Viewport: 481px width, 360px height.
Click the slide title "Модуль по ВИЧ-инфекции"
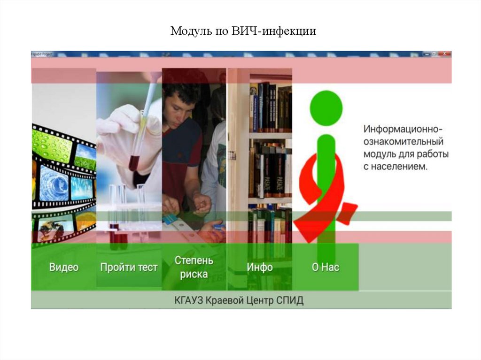click(x=243, y=31)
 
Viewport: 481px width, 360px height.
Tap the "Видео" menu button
click(x=63, y=267)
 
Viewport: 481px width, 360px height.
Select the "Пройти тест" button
click(x=129, y=267)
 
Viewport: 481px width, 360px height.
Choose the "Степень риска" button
click(x=194, y=267)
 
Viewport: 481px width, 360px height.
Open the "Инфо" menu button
click(x=259, y=267)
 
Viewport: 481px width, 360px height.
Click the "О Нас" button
click(x=325, y=267)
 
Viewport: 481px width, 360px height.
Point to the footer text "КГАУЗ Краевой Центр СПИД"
click(x=239, y=300)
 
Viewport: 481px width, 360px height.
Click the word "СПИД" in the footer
click(x=290, y=300)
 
